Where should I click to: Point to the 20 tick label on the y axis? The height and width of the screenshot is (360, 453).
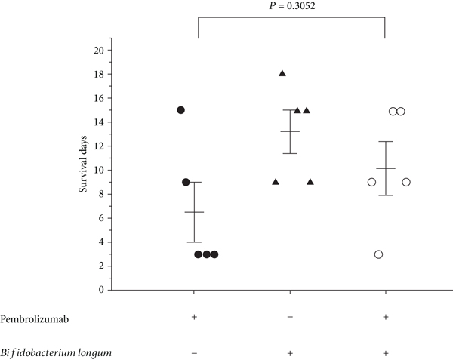(98, 51)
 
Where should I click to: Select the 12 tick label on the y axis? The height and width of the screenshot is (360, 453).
(98, 146)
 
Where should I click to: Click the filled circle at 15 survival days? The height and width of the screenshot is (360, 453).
(181, 110)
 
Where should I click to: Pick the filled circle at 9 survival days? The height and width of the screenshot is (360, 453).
(186, 182)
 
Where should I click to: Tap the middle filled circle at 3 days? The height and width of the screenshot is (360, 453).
(206, 254)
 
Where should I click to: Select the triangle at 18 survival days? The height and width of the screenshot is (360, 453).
(282, 73)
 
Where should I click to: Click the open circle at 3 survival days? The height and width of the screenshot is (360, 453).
(378, 254)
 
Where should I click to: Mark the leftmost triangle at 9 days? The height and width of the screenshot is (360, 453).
(275, 182)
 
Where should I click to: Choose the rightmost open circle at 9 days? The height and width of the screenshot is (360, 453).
(405, 182)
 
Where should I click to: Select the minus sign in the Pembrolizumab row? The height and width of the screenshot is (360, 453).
(291, 317)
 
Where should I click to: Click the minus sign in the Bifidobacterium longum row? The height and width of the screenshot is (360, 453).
(195, 353)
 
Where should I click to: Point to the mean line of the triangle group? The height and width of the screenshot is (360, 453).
(291, 131)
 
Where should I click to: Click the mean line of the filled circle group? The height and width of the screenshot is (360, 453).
(194, 212)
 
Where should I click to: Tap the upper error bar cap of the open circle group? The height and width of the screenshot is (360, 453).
(386, 142)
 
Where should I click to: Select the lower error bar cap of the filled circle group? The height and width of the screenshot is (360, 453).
(194, 242)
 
